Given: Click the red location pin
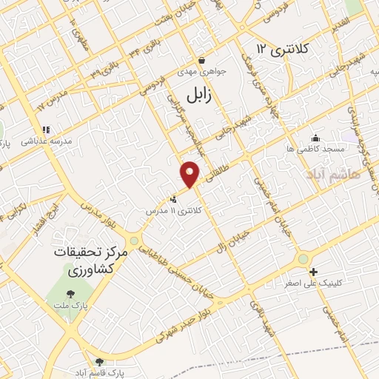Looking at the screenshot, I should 190,173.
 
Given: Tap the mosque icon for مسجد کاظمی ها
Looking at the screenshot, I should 316,138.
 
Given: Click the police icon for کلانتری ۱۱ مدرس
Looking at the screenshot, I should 173,198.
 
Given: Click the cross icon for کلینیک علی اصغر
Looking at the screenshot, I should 313,272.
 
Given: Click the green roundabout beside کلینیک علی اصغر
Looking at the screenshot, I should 303,258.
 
